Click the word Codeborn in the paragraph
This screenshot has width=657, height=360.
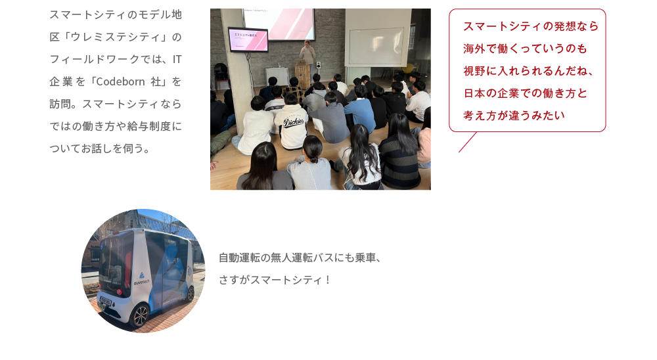click(120, 81)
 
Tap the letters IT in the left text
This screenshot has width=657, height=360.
click(177, 59)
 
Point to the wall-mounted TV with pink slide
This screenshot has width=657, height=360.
click(248, 40)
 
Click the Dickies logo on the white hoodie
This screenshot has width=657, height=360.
click(293, 122)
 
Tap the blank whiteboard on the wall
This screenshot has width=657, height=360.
click(376, 46)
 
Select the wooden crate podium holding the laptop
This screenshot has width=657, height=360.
click(302, 76)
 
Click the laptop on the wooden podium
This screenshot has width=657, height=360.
click(302, 62)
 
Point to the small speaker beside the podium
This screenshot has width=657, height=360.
click(319, 65)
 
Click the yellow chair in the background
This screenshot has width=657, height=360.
click(408, 68)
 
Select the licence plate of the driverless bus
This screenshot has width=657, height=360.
click(105, 301)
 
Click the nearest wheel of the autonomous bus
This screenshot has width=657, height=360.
click(140, 315)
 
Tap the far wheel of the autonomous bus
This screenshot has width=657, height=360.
click(191, 294)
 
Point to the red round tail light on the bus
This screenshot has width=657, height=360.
click(120, 292)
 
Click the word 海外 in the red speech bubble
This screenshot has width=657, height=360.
click(474, 49)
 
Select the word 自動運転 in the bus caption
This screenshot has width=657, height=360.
click(239, 258)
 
